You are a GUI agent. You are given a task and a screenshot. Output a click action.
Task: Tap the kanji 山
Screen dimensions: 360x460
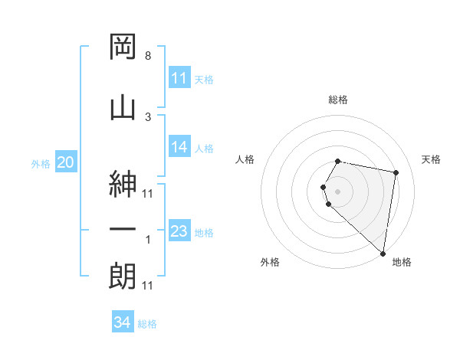pyautogui.click(x=123, y=106)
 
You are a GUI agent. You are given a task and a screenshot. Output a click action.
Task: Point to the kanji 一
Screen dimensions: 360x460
pyautogui.click(x=123, y=230)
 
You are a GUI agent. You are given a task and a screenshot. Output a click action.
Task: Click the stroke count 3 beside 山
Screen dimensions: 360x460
pyautogui.click(x=147, y=116)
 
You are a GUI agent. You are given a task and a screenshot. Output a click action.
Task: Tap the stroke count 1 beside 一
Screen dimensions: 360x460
pyautogui.click(x=147, y=240)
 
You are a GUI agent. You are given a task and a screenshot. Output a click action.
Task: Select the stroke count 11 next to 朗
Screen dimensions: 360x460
pyautogui.click(x=147, y=286)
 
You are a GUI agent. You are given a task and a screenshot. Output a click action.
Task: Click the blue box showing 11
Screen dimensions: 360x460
pyautogui.click(x=179, y=78)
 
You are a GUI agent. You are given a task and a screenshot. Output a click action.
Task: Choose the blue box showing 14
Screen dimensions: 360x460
pyautogui.click(x=179, y=147)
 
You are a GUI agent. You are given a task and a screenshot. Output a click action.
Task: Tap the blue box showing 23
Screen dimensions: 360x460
pyautogui.click(x=179, y=231)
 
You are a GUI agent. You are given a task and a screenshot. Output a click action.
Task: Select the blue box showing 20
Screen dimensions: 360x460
pyautogui.click(x=66, y=162)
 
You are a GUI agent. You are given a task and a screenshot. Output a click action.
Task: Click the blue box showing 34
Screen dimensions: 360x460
pyautogui.click(x=123, y=322)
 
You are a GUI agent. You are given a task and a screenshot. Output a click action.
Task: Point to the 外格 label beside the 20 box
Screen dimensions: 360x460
pyautogui.click(x=41, y=163)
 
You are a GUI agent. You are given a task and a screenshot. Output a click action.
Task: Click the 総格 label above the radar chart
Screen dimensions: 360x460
pyautogui.click(x=338, y=100)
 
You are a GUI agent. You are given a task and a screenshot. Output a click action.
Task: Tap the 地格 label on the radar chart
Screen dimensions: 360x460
pyautogui.click(x=402, y=263)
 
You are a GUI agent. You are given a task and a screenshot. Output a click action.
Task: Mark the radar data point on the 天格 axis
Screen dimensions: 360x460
pyautogui.click(x=396, y=173)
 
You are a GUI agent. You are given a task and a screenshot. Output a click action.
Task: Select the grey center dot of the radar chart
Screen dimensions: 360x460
pyautogui.click(x=338, y=190)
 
